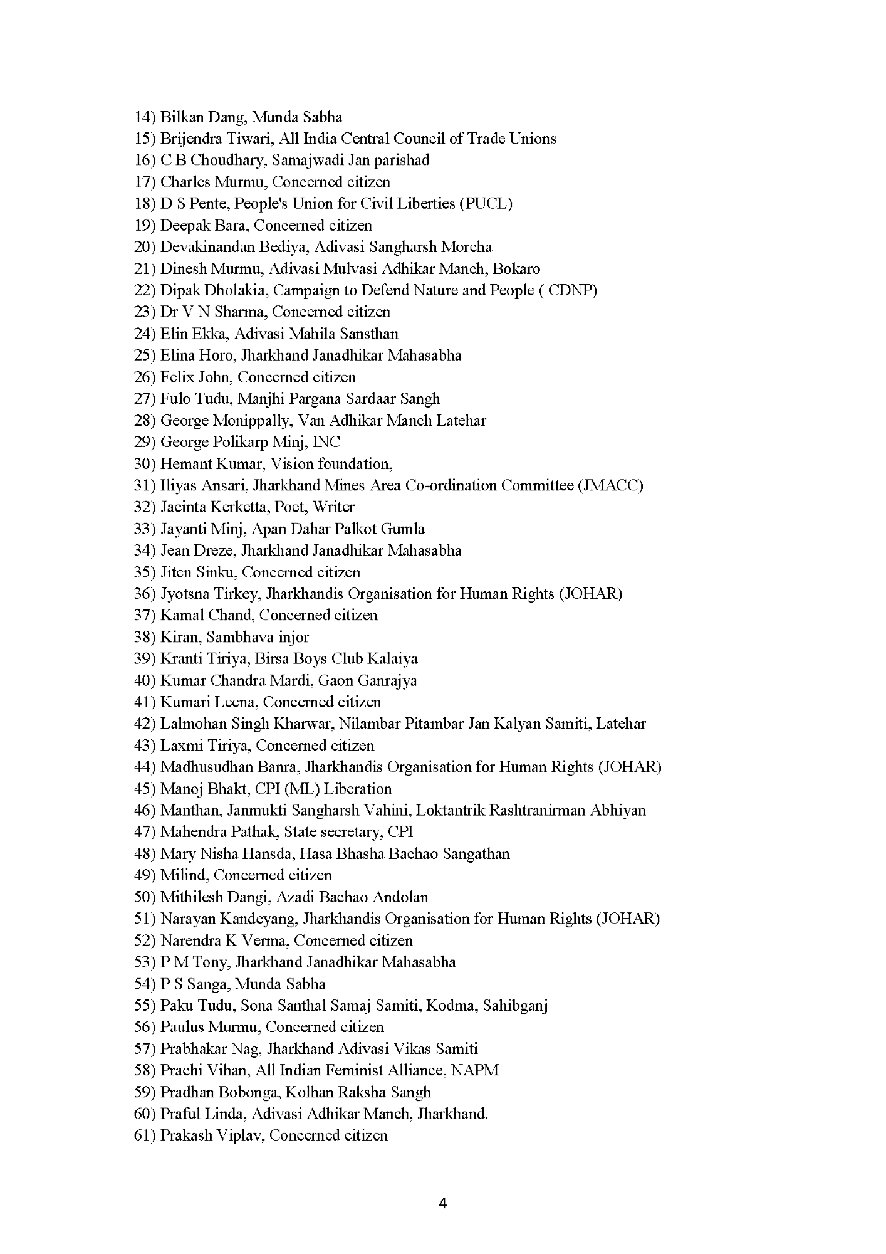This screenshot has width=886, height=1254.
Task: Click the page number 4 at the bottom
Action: point(443,1203)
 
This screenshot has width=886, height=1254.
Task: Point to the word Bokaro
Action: point(516,269)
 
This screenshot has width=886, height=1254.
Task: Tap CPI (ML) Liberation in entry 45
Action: point(337,789)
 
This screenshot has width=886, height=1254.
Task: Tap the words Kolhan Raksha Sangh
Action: point(358,1092)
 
